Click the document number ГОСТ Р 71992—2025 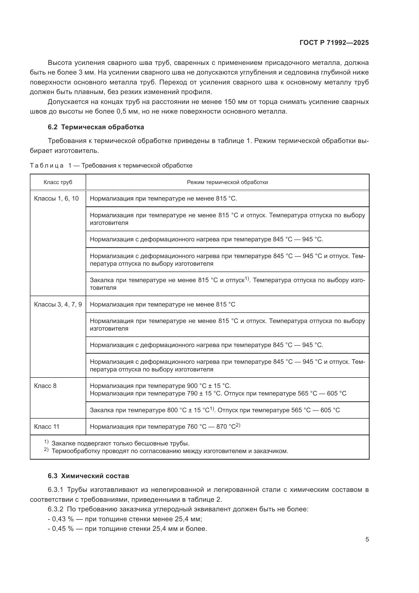point(334,43)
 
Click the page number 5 point(367,539)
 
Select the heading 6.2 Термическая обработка point(96,127)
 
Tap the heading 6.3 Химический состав point(88,476)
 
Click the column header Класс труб point(58,182)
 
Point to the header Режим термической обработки point(227,182)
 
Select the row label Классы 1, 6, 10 point(56,198)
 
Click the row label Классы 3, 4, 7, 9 point(58,304)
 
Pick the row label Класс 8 point(45,386)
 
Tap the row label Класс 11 point(47,426)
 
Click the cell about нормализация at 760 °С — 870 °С point(165,426)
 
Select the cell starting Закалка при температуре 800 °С point(215,410)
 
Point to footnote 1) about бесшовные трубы point(120,443)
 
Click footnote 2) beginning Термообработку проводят point(169,451)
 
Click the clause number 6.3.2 point(55,509)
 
